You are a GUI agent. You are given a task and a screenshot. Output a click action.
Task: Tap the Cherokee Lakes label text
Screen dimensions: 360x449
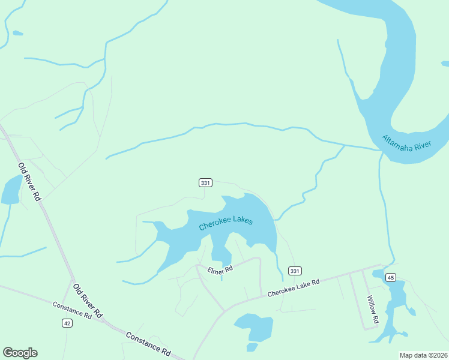[x=226, y=223]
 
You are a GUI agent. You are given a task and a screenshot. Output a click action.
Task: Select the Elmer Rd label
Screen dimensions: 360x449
[x=220, y=271]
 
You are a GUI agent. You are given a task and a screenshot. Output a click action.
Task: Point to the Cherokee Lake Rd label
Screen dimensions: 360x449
[x=294, y=288]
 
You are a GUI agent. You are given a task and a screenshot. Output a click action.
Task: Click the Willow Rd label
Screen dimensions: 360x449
[x=373, y=310]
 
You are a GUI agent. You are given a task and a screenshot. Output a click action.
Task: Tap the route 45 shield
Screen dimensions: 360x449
[x=391, y=277]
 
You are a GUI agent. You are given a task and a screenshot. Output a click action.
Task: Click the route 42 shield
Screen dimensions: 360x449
[x=67, y=323]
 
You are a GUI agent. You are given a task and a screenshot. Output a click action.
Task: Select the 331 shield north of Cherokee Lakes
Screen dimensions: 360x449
[x=205, y=182]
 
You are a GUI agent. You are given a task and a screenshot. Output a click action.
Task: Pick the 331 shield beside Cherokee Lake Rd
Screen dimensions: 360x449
[x=294, y=271]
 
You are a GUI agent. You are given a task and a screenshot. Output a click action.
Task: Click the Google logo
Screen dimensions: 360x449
[x=20, y=353]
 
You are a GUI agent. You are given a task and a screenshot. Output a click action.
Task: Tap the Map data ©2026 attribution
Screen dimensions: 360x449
[x=423, y=355]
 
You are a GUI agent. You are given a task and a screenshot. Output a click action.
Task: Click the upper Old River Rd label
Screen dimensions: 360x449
[x=29, y=182]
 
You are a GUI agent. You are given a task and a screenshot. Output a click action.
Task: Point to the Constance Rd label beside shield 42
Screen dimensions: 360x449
[x=71, y=310]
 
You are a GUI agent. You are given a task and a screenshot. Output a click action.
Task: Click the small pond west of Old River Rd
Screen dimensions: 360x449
[x=11, y=191]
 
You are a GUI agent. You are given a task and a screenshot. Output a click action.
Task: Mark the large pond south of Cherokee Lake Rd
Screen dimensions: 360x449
[x=255, y=326]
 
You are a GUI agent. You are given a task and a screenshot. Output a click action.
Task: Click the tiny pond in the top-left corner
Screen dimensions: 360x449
[x=17, y=33]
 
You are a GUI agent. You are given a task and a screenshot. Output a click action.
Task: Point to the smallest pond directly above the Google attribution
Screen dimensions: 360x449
[x=252, y=347]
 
